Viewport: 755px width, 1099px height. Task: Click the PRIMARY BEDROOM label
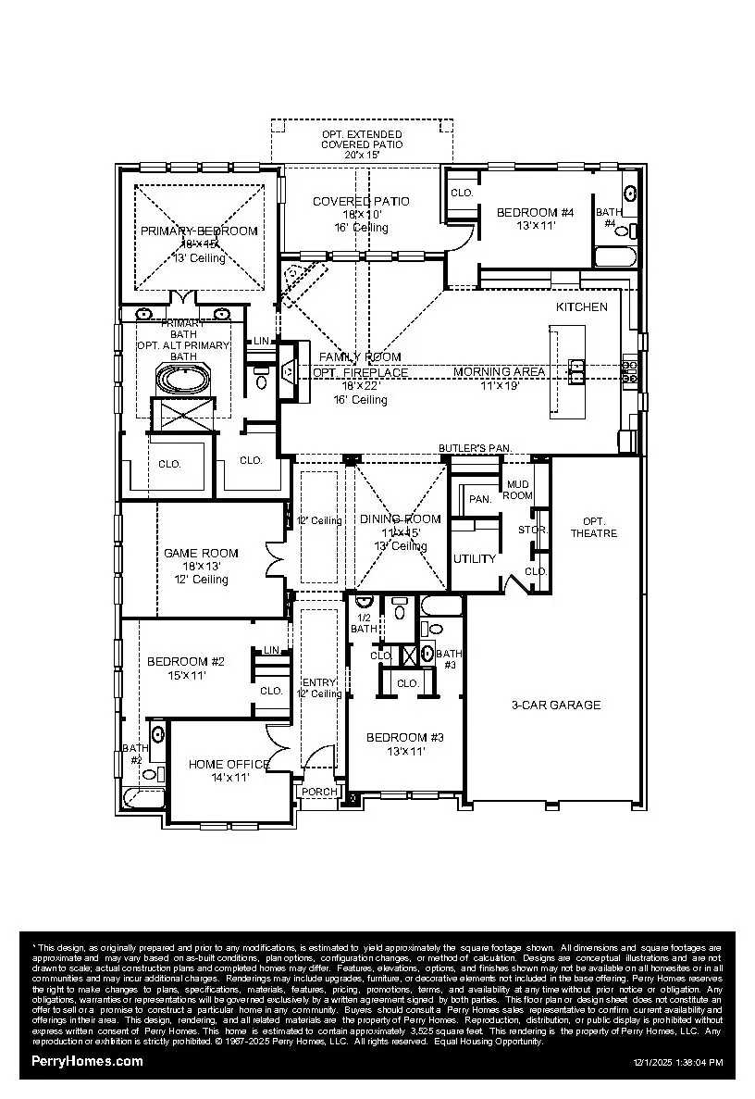(199, 231)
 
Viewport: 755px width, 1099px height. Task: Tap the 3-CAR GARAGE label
(556, 705)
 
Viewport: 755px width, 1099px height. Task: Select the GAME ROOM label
(201, 553)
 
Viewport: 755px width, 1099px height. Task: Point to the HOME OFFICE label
(229, 764)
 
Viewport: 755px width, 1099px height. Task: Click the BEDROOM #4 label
(535, 212)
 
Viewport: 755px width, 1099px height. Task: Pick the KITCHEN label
(581, 306)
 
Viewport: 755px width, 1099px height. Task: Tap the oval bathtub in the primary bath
(183, 380)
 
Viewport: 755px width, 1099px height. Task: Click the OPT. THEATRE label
(593, 527)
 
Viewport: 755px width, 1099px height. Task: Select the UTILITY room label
(474, 559)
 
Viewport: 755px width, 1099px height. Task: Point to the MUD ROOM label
(518, 490)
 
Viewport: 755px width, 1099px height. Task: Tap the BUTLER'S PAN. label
(475, 447)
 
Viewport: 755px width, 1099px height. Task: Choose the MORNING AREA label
(499, 371)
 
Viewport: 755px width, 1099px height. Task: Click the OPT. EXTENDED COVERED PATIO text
(362, 140)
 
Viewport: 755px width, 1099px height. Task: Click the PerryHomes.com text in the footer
(87, 1061)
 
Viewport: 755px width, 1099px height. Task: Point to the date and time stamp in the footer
(677, 1063)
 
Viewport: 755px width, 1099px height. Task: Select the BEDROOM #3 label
(404, 737)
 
